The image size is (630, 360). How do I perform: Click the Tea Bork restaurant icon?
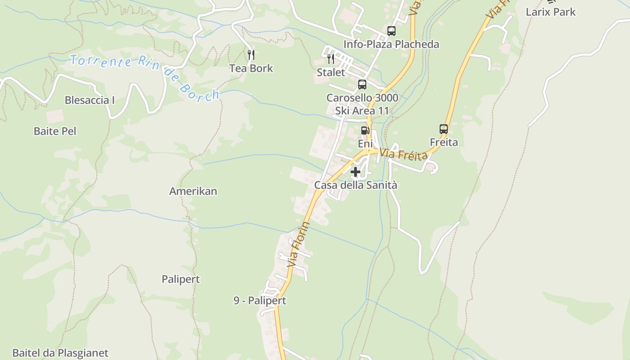251,55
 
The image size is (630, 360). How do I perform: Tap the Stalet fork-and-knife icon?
331,59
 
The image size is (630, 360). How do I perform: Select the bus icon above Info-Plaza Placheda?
391,31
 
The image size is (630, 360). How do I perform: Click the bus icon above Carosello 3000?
362,84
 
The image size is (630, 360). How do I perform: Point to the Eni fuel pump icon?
365,130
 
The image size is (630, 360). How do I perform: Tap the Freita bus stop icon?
444,129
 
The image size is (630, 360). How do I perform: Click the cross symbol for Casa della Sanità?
355,172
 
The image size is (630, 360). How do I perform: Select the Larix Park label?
550,12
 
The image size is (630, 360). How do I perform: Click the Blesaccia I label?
90,100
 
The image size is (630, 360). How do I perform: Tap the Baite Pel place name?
55,131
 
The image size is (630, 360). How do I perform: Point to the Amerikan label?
193,191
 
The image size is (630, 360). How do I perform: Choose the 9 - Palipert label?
260,301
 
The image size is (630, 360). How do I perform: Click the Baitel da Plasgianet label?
60,353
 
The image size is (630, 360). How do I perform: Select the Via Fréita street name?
403,154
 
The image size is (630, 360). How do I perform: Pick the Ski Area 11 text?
362,110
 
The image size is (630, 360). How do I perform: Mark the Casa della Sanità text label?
355,185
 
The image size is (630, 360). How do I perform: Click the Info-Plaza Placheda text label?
391,44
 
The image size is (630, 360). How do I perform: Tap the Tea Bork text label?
251,68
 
